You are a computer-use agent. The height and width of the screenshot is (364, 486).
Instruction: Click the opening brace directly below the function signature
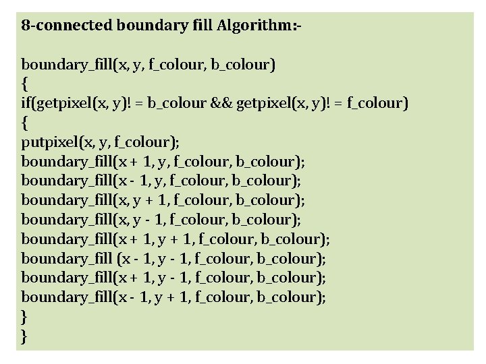click(25, 85)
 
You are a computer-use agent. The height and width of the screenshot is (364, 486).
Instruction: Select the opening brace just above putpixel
click(25, 123)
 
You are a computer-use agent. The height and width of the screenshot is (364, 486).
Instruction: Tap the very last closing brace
click(25, 336)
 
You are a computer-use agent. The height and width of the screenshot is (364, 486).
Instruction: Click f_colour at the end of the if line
click(375, 104)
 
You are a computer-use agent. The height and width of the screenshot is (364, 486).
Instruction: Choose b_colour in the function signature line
click(242, 65)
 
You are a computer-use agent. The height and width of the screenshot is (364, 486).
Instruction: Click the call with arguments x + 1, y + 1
click(175, 239)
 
